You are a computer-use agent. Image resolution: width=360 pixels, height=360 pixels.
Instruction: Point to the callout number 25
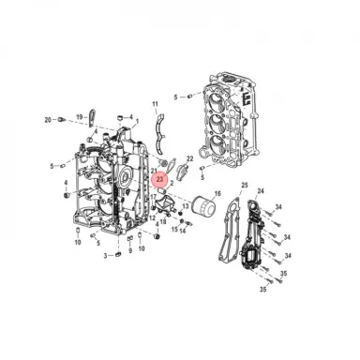click(x=244, y=186)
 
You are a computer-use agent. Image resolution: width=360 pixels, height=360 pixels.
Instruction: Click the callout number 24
click(x=261, y=191)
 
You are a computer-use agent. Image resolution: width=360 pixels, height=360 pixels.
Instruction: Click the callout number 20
click(x=48, y=120)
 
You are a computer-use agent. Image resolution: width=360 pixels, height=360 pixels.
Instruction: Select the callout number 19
click(x=82, y=115)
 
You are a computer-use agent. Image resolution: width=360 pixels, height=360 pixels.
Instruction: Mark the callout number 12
click(x=151, y=217)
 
